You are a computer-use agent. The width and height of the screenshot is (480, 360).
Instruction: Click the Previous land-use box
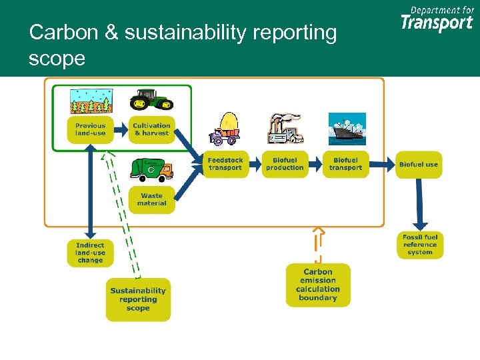point(90,129)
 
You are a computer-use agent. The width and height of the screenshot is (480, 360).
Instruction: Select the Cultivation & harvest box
point(151,129)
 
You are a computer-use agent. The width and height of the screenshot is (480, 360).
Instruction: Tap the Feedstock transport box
point(225,164)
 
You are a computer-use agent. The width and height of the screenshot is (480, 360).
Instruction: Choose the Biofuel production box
point(285,164)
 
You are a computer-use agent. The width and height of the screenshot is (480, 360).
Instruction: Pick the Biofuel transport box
point(345,164)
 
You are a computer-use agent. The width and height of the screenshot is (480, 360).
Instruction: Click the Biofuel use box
point(419,164)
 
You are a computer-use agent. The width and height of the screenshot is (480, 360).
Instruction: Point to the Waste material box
point(151,199)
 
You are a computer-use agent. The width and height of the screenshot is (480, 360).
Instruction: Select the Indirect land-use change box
point(90,253)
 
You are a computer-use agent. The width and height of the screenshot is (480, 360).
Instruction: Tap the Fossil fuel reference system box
point(419,245)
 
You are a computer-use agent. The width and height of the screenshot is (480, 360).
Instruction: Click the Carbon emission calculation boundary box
point(318,285)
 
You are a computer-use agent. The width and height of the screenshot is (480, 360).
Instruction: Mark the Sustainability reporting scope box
point(138,299)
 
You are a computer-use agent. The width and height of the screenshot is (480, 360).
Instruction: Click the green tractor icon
point(151,100)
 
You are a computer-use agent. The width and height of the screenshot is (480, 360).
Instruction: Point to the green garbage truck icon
point(151,169)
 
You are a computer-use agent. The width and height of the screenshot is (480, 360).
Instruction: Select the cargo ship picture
point(347,129)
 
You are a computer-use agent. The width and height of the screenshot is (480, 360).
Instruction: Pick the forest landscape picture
point(91,100)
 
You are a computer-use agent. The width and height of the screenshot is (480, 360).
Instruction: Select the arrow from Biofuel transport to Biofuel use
point(381,164)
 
